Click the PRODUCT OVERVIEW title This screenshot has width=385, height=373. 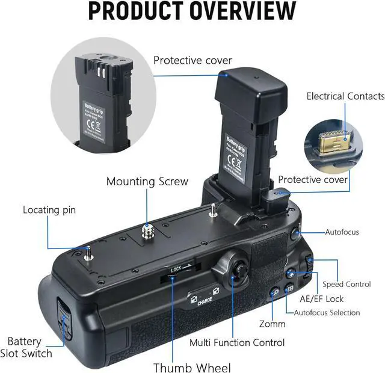[x=192, y=11]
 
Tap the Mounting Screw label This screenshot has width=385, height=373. [x=147, y=181]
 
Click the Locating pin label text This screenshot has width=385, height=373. [x=49, y=210]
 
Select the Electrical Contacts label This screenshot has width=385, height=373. [x=345, y=96]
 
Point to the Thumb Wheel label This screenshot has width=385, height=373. [x=192, y=367]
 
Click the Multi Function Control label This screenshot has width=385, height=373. [x=237, y=342]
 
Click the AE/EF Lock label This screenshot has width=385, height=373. [x=321, y=298]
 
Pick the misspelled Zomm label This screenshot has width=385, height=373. [x=272, y=323]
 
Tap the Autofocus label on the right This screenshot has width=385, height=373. [x=342, y=232]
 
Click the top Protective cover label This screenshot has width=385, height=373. [x=192, y=60]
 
